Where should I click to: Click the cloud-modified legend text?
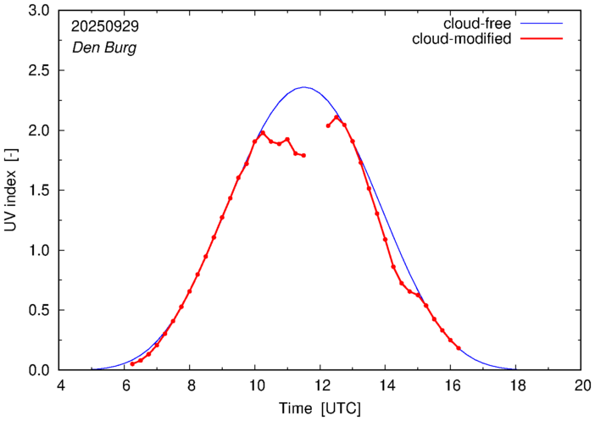[461, 39]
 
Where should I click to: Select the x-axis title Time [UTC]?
[320, 409]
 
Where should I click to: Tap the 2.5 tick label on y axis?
[39, 70]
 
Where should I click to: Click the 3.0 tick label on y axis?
[39, 11]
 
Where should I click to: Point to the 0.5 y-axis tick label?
[39, 310]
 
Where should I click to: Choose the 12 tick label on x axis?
[320, 385]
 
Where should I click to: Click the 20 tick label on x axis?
[581, 385]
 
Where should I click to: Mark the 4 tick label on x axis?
[60, 385]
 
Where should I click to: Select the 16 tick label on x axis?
[451, 385]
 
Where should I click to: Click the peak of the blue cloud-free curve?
[304, 87]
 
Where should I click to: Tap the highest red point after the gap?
[336, 117]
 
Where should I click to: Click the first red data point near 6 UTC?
[132, 364]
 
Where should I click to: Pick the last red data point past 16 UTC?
[459, 348]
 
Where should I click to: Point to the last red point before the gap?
[303, 155]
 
